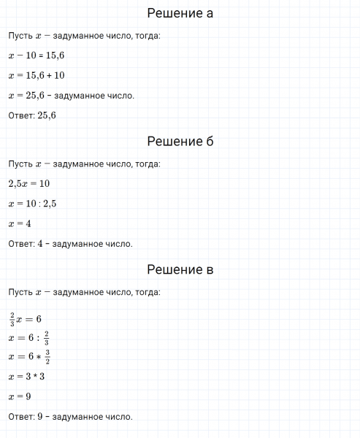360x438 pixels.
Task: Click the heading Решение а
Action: pos(180,13)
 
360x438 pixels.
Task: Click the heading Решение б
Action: pos(180,141)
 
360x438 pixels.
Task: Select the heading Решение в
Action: pos(180,269)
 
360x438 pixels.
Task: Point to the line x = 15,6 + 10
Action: pos(36,75)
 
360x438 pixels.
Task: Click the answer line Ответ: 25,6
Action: pos(32,115)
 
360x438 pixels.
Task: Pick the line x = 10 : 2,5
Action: pos(32,204)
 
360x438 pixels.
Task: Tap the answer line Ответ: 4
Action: pos(70,244)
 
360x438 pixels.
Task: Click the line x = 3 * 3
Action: pos(27,377)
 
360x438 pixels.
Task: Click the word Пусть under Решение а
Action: pos(20,36)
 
